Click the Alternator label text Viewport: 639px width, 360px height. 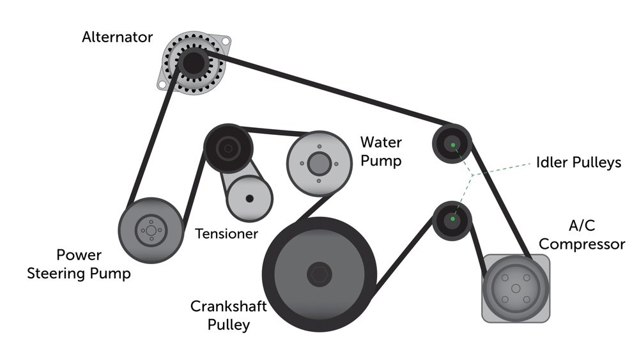117,37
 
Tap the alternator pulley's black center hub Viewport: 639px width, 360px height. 191,62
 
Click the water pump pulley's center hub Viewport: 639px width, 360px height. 318,162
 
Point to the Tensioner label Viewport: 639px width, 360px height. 226,233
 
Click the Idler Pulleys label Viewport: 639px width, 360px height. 578,162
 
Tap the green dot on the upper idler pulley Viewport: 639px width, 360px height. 452,146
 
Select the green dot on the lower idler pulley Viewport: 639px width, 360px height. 452,220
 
